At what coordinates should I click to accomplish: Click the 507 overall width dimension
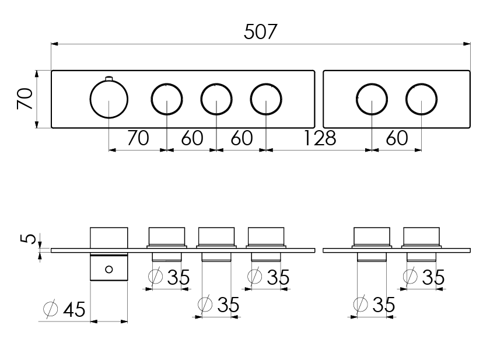tap(261, 32)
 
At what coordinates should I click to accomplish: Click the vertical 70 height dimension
tap(24, 99)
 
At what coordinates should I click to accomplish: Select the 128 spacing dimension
tap(320, 138)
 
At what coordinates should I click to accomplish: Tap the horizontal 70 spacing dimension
tap(138, 138)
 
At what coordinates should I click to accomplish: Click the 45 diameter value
tap(74, 309)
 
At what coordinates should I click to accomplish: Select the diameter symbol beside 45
tap(51, 308)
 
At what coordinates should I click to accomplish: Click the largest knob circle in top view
tap(109, 99)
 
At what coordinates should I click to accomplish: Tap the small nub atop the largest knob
tap(109, 78)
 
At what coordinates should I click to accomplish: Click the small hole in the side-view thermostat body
tap(109, 270)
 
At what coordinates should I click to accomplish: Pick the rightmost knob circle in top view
tap(422, 99)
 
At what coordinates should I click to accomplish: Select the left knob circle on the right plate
tap(372, 99)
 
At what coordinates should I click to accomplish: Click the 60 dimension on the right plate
tap(397, 138)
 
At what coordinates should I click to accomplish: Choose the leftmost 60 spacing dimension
tap(192, 138)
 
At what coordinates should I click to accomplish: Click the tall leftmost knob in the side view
tap(109, 254)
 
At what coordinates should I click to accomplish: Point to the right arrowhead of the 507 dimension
tap(467, 44)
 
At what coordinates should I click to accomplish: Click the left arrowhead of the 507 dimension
tap(55, 44)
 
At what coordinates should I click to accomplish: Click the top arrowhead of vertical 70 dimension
tap(37, 74)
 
